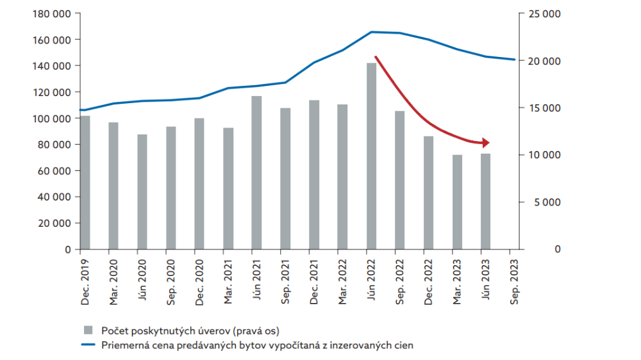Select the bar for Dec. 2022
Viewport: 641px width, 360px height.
pyautogui.click(x=429, y=192)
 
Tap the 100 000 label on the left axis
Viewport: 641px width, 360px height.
pyautogui.click(x=53, y=119)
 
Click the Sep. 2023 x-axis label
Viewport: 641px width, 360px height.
pyautogui.click(x=512, y=279)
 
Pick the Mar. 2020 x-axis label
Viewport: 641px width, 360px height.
pyautogui.click(x=113, y=279)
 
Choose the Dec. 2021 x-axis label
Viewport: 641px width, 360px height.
pyautogui.click(x=315, y=279)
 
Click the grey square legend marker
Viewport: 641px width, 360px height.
pyautogui.click(x=89, y=330)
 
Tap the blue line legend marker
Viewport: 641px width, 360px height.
pyautogui.click(x=89, y=345)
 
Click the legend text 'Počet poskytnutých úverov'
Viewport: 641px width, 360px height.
pyautogui.click(x=158, y=330)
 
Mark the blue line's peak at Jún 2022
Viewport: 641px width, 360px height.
pyautogui.click(x=372, y=31)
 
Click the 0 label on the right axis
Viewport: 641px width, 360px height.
pyautogui.click(x=558, y=249)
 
